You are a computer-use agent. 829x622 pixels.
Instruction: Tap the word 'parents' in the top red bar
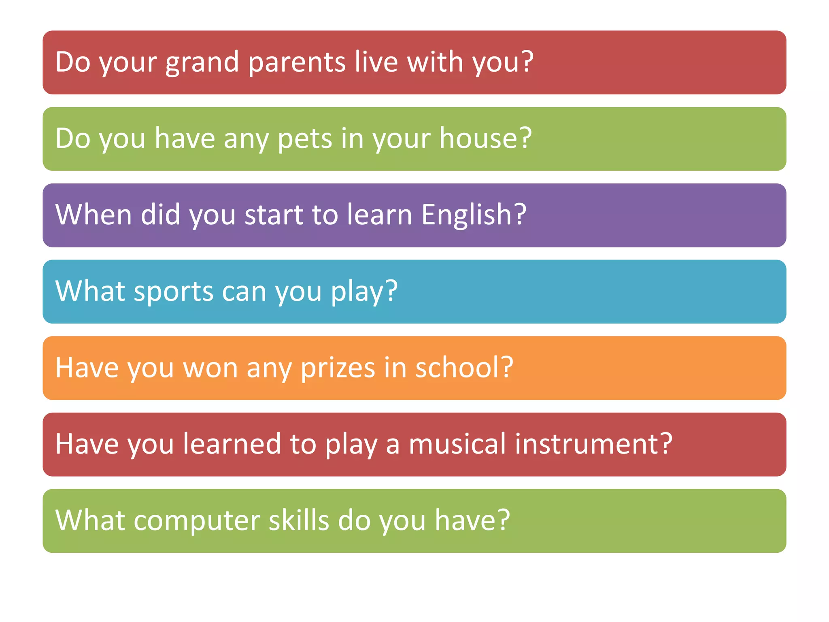click(297, 63)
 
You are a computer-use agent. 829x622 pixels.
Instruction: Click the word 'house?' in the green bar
click(485, 138)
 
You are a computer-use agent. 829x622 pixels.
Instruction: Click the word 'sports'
click(173, 292)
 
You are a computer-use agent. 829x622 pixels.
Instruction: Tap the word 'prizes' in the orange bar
click(338, 368)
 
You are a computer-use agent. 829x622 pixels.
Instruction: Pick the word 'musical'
click(457, 444)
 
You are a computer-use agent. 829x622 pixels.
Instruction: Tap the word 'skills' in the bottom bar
click(299, 520)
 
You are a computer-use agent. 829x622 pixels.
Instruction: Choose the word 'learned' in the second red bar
click(232, 444)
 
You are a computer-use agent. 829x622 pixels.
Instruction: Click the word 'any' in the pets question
click(246, 139)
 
